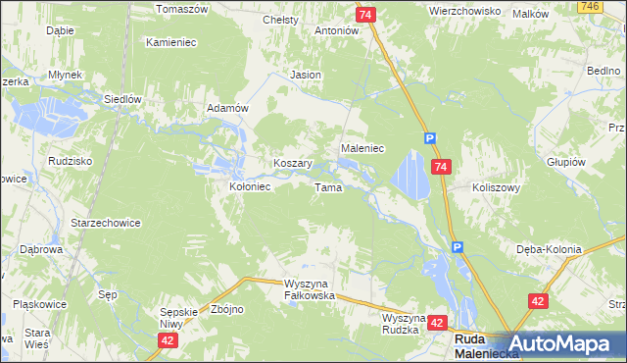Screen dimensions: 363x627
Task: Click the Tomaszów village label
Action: (182, 8)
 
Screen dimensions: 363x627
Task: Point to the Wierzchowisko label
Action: (464, 11)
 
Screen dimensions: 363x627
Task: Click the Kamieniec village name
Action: (173, 42)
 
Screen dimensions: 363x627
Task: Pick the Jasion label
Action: (306, 75)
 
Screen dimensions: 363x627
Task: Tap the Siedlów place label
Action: (124, 99)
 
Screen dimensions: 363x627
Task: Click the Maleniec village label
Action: (362, 147)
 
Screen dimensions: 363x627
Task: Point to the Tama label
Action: (327, 186)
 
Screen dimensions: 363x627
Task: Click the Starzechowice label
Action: (105, 223)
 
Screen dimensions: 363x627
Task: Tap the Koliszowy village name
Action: (496, 186)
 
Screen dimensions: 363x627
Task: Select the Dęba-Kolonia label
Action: (549, 249)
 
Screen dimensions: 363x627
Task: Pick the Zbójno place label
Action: (227, 309)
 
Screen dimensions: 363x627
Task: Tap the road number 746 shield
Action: (615, 6)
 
